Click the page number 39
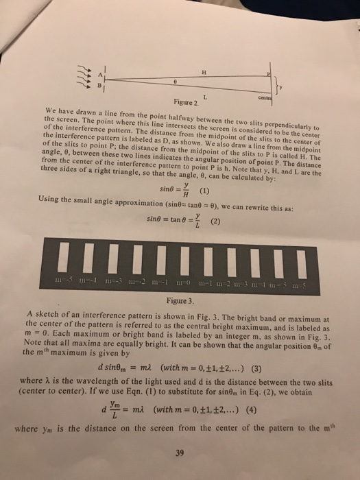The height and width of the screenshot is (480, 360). coord(180,453)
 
